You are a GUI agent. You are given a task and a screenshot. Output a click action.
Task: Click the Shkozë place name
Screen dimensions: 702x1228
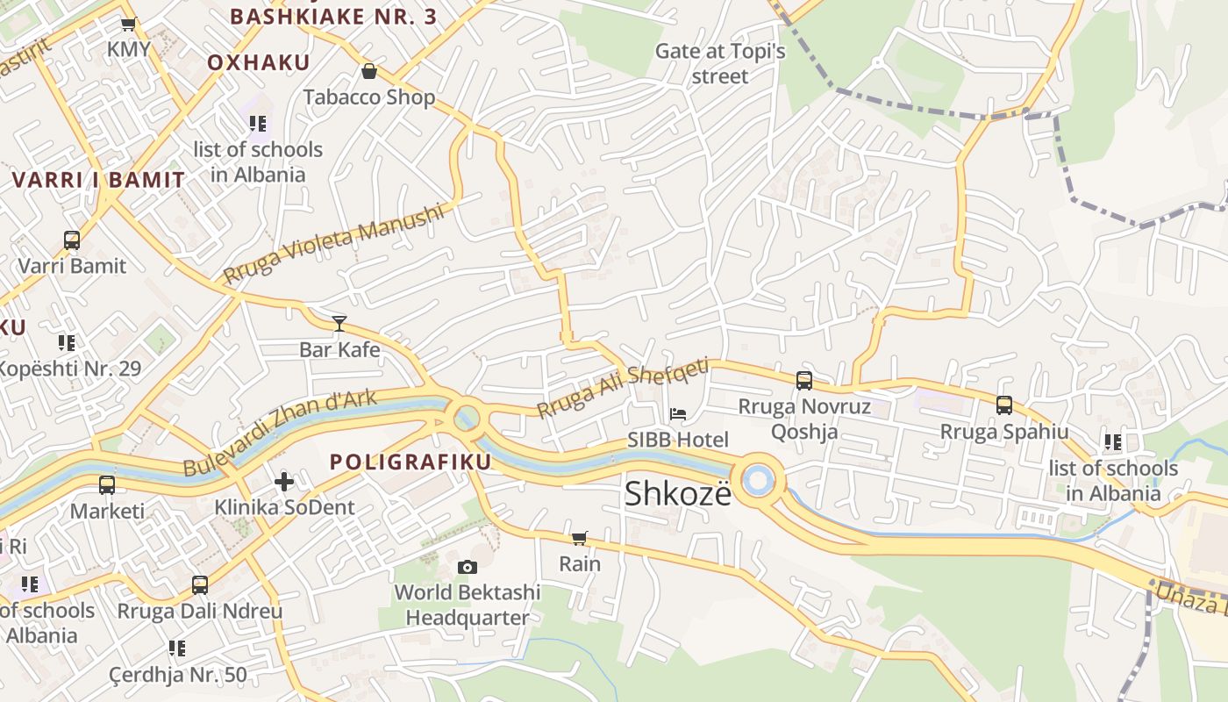coord(677,494)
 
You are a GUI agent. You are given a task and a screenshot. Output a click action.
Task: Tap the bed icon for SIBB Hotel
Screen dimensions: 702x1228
coord(678,414)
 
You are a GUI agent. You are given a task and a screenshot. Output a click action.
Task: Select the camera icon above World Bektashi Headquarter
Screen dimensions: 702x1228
coord(468,567)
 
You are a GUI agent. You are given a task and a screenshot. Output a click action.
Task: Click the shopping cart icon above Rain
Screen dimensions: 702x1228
coord(579,538)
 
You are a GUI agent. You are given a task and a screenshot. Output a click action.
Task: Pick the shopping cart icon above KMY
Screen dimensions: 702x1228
coord(128,25)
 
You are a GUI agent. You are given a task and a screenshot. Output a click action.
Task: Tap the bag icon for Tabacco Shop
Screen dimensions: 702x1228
coord(368,71)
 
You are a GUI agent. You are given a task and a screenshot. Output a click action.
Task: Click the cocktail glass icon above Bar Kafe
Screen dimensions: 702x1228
coord(339,324)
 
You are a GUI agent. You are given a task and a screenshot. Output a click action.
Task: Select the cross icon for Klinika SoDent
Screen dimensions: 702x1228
coord(284,482)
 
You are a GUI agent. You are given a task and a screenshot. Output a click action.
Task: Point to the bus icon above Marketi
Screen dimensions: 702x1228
coord(107,485)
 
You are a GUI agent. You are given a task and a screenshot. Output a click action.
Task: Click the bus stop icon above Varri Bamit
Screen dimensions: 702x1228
coord(72,240)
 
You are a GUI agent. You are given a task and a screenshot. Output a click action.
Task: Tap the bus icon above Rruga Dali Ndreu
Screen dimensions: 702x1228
coord(200,585)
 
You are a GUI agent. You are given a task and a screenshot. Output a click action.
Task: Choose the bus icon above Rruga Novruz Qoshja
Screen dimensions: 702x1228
coord(803,381)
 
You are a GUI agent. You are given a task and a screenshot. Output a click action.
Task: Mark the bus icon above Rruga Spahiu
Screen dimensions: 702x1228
coord(1004,405)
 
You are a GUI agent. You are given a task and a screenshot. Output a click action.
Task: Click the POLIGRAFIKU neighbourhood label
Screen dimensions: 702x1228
coord(410,462)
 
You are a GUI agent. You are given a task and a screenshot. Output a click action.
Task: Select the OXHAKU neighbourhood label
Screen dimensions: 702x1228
coord(259,62)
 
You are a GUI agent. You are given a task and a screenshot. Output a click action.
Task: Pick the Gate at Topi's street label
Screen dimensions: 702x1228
coord(720,63)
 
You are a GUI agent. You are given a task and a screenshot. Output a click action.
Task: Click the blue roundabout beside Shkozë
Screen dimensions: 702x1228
coord(757,480)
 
